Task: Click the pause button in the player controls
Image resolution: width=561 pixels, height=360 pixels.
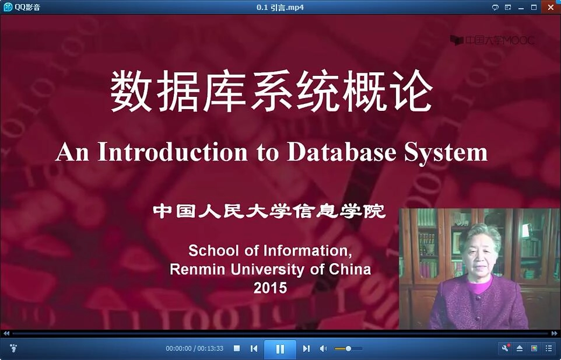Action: point(280,349)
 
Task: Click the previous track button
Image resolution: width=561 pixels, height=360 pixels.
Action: point(254,348)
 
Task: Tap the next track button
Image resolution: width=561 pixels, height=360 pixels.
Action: point(306,348)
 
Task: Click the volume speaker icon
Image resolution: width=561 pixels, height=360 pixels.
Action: point(323,348)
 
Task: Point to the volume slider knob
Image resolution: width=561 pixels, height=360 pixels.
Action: point(348,348)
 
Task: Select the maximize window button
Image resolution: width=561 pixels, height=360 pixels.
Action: point(534,7)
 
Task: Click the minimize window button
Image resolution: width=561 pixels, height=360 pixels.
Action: point(521,7)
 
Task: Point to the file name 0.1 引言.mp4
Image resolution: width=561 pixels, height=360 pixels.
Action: point(280,7)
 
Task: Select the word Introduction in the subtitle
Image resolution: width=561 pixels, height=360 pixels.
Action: point(173,152)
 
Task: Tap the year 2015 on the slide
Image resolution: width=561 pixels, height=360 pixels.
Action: point(270,287)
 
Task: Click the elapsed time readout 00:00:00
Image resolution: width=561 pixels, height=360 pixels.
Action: point(178,348)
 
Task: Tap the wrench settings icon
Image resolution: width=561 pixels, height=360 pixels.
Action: point(506,348)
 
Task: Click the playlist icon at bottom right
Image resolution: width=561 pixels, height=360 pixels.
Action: point(549,348)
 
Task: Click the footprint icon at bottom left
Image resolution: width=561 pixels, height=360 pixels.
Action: point(14,348)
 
